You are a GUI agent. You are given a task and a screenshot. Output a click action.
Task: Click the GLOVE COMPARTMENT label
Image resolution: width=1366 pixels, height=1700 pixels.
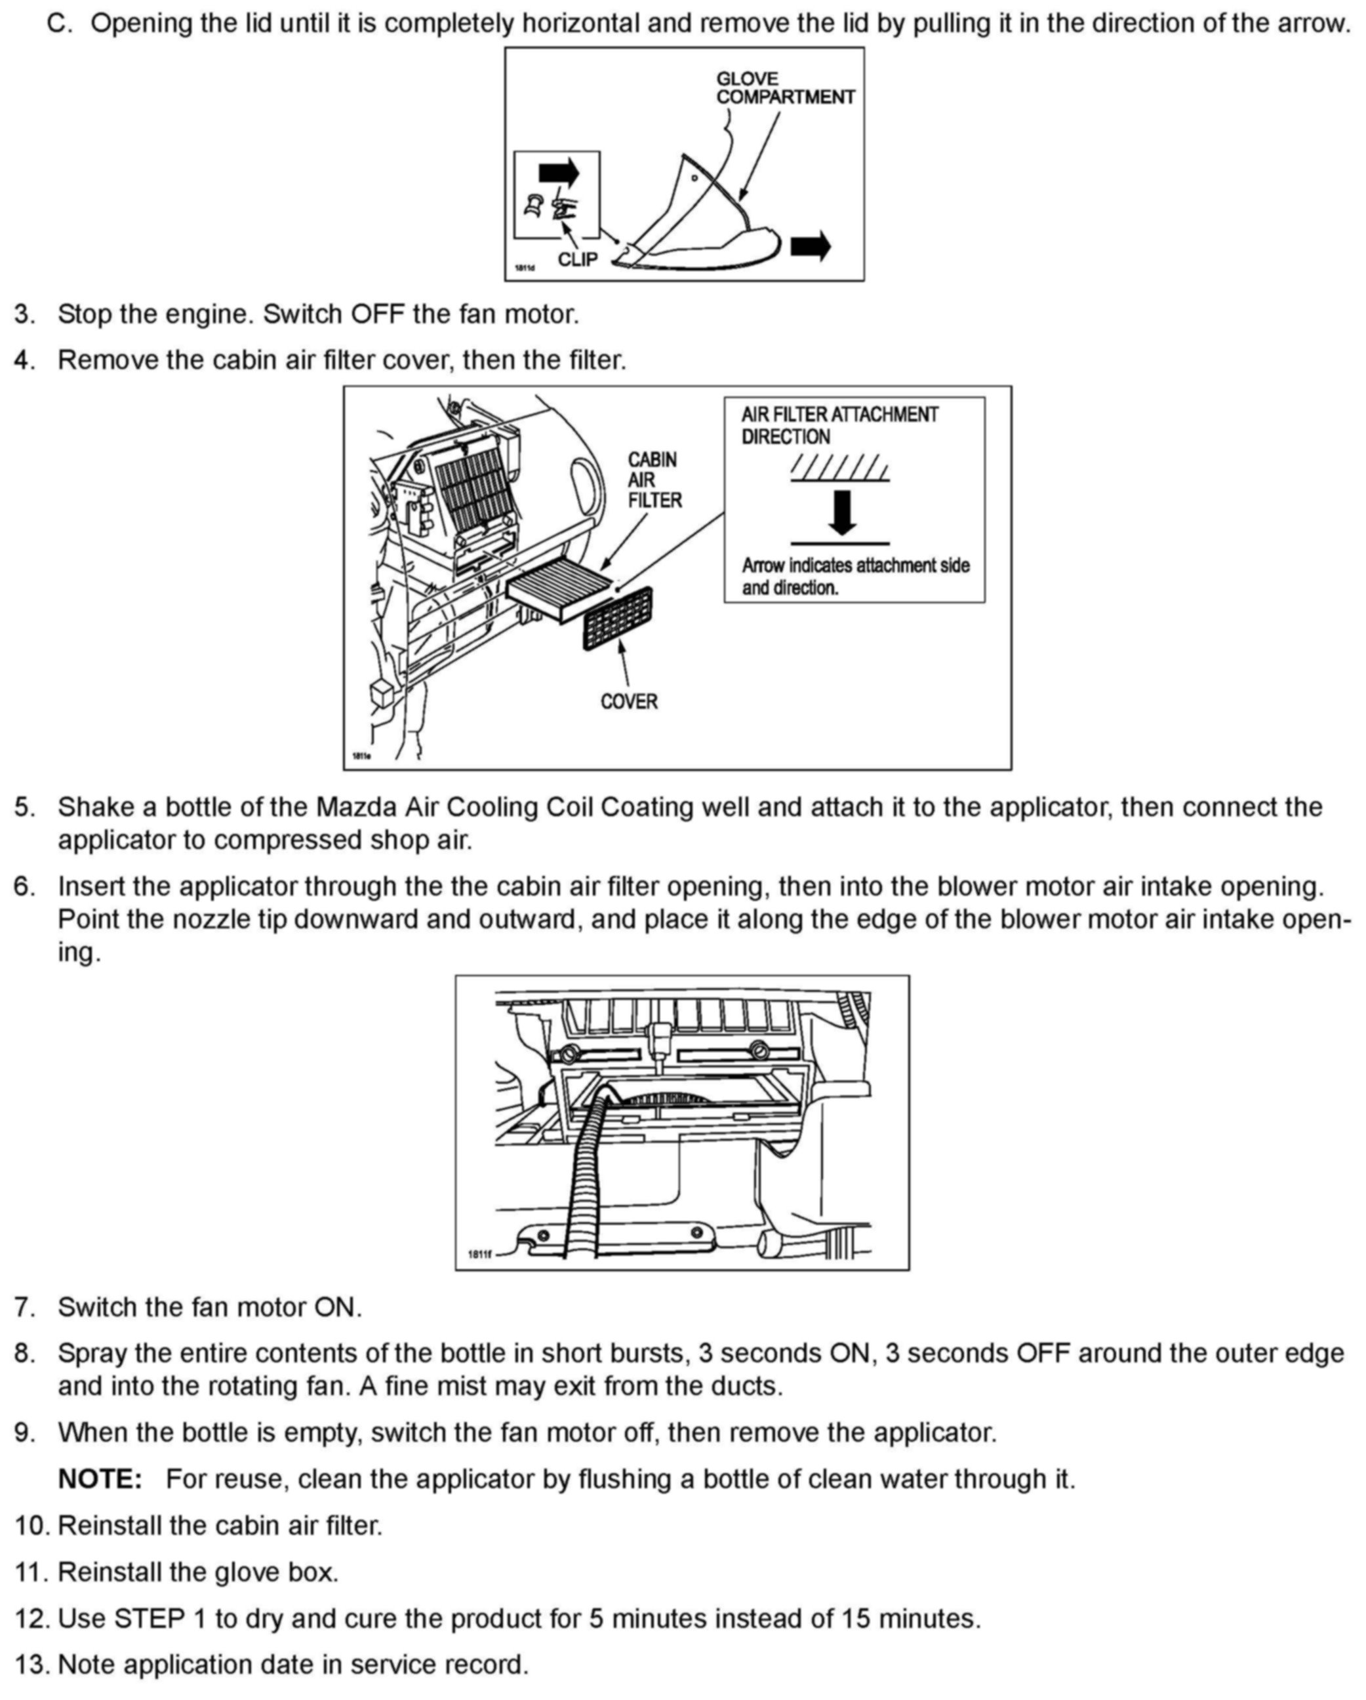coord(785,87)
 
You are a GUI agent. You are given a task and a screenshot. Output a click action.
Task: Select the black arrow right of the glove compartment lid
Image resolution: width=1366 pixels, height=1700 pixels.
coord(810,246)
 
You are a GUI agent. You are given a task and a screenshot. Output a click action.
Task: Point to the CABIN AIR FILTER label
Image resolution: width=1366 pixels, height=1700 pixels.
coord(654,479)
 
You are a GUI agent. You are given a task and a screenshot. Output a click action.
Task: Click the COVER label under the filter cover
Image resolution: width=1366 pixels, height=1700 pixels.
coord(629,701)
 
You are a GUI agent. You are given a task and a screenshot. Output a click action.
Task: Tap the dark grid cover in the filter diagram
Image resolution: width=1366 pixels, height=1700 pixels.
coord(618,618)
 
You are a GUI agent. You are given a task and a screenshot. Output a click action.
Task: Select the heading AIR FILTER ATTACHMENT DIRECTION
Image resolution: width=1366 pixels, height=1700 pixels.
coord(839,425)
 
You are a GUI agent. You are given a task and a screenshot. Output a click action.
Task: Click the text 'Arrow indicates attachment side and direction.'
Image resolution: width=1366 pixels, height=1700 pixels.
coord(855,576)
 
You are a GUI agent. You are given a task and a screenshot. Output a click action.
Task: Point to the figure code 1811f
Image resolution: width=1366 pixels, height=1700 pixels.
coord(479,1254)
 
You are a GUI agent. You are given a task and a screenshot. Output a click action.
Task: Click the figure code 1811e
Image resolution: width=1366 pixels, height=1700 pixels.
coord(361,756)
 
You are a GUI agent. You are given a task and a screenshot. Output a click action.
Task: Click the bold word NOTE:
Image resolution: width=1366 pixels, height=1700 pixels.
coord(100,1478)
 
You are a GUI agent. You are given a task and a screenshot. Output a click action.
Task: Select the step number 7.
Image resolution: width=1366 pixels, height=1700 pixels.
coord(24,1307)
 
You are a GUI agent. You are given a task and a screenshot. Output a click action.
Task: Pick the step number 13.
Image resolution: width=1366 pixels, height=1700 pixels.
coord(31,1665)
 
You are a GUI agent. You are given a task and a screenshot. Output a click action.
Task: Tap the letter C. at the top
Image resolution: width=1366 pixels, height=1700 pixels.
coord(60,24)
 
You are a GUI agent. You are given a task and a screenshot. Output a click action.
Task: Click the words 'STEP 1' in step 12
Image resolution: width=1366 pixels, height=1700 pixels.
coord(161,1618)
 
